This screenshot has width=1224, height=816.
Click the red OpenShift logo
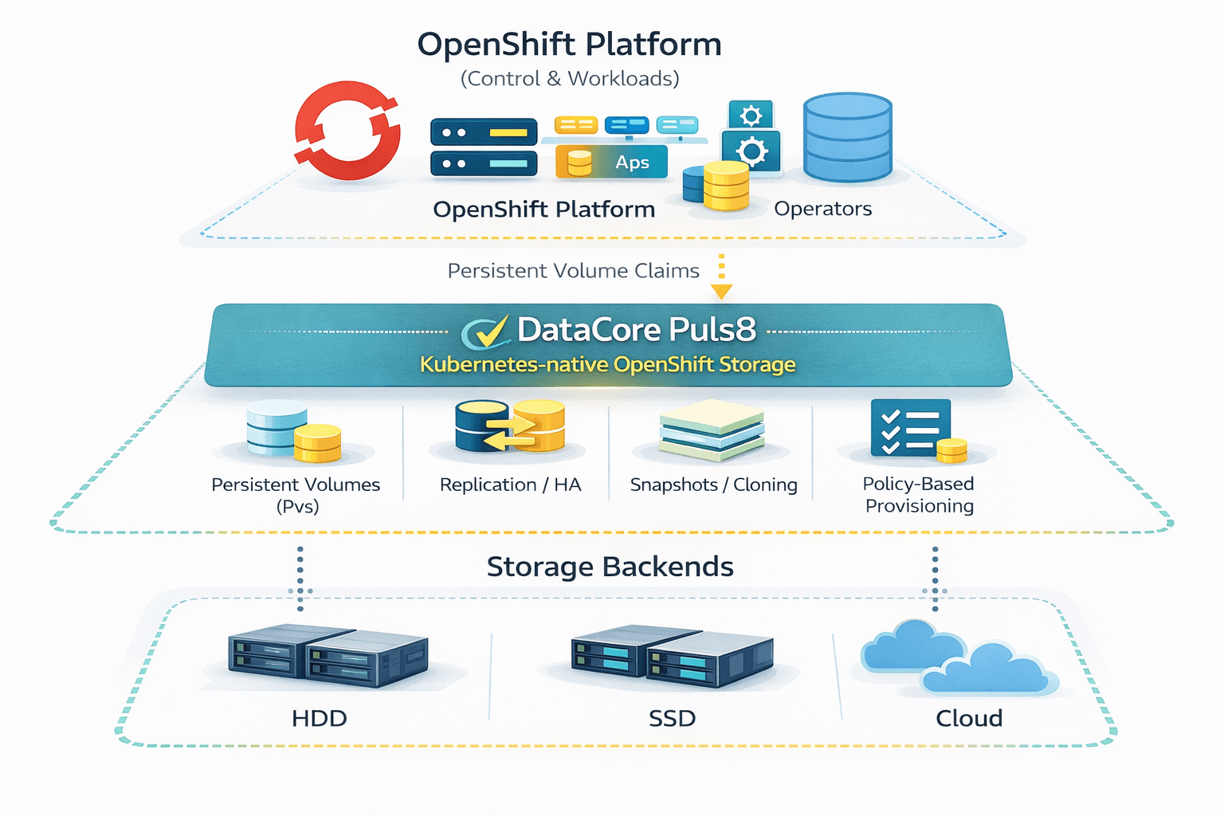[x=347, y=130]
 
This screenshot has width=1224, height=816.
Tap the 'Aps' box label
[x=631, y=163]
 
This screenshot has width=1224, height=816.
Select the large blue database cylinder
[x=847, y=138]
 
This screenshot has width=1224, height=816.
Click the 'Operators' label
[x=822, y=209]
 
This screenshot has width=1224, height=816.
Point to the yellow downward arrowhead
[x=721, y=292]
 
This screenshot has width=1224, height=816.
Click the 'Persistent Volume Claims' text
[x=573, y=271]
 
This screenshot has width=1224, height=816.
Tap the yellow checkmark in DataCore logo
[x=492, y=330]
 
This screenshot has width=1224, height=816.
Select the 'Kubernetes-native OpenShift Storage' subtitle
[x=607, y=365]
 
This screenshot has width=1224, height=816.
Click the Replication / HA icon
[x=510, y=426]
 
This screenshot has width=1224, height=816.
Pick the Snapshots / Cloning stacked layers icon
[x=712, y=430]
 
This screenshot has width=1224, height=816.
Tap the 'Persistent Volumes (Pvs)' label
[x=296, y=495]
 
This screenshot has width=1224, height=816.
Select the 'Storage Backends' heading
[x=610, y=567]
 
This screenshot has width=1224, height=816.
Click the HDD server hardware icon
[x=328, y=656]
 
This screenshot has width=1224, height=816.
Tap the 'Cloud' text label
[x=969, y=718]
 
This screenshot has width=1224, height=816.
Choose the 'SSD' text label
[x=672, y=718]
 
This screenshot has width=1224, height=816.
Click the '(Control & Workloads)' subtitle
[x=569, y=79]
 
